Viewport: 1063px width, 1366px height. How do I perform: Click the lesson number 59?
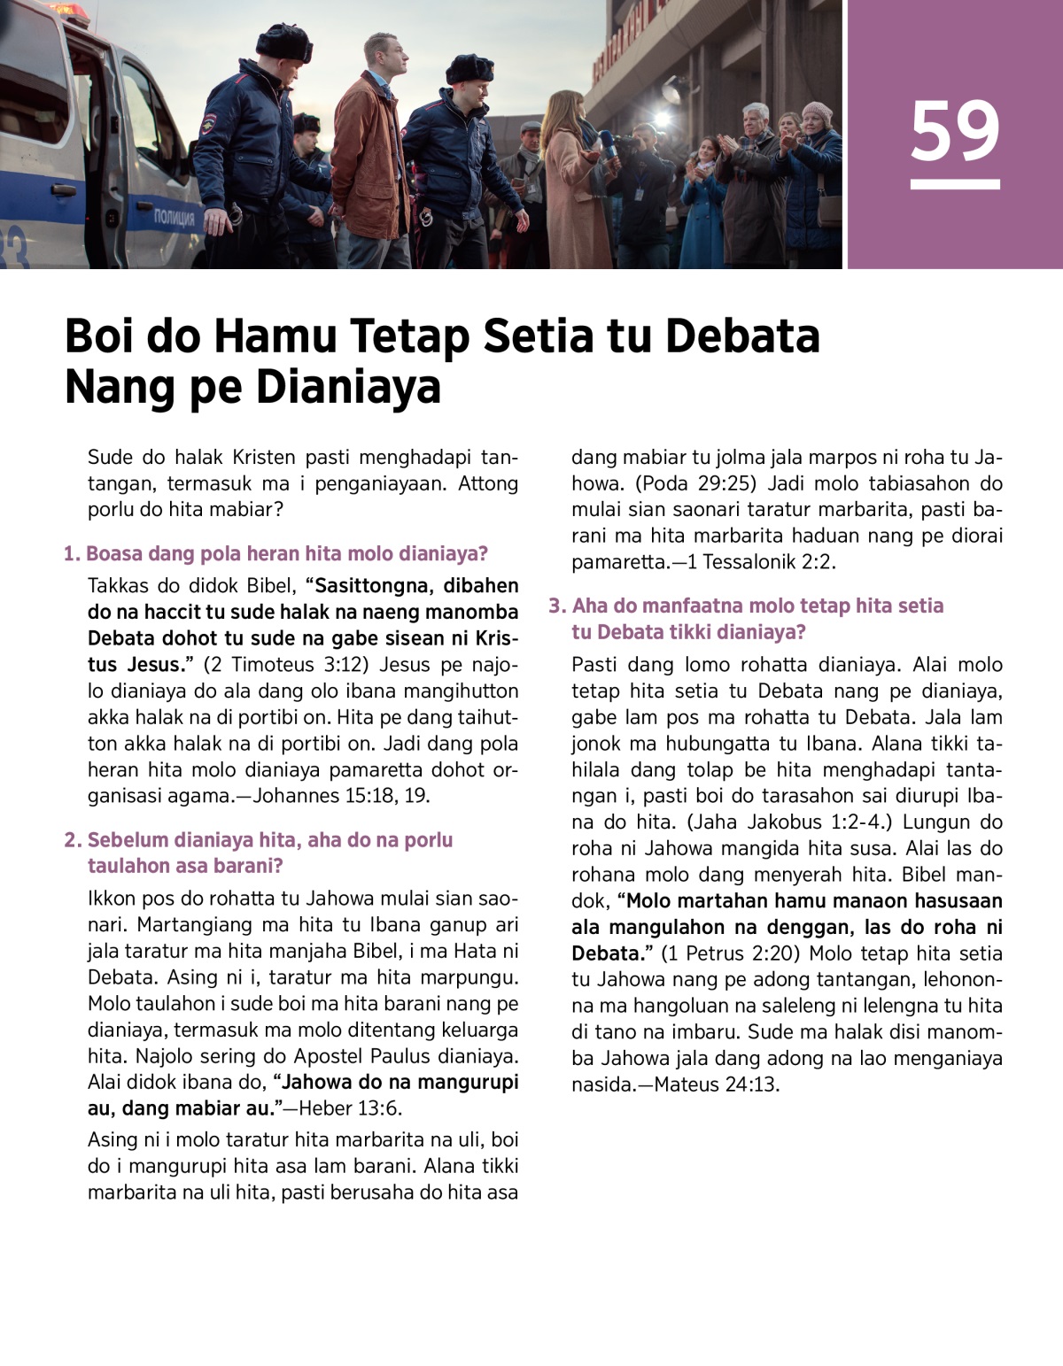pos(955,131)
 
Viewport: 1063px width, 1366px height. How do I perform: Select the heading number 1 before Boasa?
pos(71,554)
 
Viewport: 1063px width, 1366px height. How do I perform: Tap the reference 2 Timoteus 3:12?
pos(285,665)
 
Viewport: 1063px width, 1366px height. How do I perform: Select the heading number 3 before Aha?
pos(556,606)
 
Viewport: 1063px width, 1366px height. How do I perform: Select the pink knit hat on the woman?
pos(816,112)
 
